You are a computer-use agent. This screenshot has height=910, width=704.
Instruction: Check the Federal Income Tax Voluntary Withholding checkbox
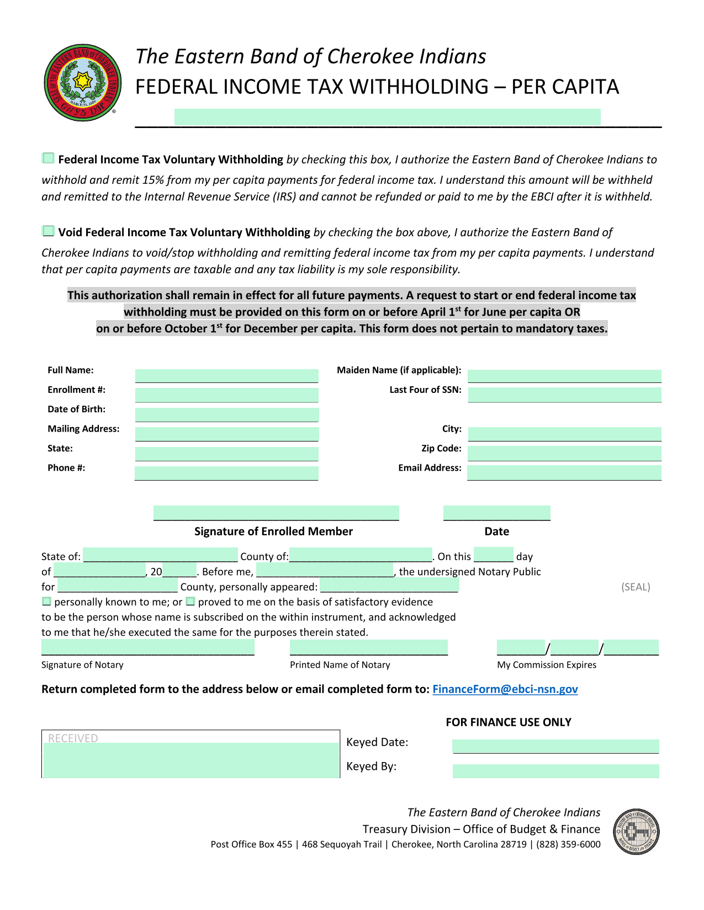pyautogui.click(x=49, y=158)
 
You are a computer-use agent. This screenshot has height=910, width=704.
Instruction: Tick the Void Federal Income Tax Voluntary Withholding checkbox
pyautogui.click(x=49, y=231)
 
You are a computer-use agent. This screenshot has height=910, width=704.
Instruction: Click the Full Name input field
pyautogui.click(x=226, y=376)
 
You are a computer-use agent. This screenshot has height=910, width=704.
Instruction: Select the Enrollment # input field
pyautogui.click(x=226, y=395)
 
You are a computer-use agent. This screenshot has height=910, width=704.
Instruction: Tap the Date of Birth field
pyautogui.click(x=226, y=415)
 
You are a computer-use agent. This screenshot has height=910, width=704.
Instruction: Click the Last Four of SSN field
pyautogui.click(x=564, y=395)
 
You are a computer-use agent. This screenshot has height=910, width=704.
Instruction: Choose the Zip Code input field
pyautogui.click(x=564, y=454)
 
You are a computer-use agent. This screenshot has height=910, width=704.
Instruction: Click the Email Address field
pyautogui.click(x=564, y=473)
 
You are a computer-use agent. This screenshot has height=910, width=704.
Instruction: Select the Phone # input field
pyautogui.click(x=226, y=473)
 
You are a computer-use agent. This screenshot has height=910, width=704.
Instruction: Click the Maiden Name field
pyautogui.click(x=564, y=376)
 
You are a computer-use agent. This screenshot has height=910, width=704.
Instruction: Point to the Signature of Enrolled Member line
pyautogui.click(x=276, y=513)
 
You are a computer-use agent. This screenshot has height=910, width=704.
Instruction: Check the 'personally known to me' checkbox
pyautogui.click(x=47, y=602)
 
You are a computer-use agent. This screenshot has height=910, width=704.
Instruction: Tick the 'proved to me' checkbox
pyautogui.click(x=190, y=602)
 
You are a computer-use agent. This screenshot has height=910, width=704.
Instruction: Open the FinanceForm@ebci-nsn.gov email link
pyautogui.click(x=505, y=689)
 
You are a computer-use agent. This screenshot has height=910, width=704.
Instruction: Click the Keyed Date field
pyautogui.click(x=555, y=746)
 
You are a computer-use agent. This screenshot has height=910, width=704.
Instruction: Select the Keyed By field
pyautogui.click(x=555, y=771)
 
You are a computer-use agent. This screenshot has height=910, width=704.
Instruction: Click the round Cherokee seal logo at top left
pyautogui.click(x=83, y=83)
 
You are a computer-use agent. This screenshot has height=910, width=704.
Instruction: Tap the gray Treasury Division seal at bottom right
pyautogui.click(x=636, y=832)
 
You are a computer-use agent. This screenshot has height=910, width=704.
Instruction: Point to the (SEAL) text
pyautogui.click(x=636, y=587)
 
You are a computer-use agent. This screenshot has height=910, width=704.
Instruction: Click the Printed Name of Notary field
pyautogui.click(x=369, y=648)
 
